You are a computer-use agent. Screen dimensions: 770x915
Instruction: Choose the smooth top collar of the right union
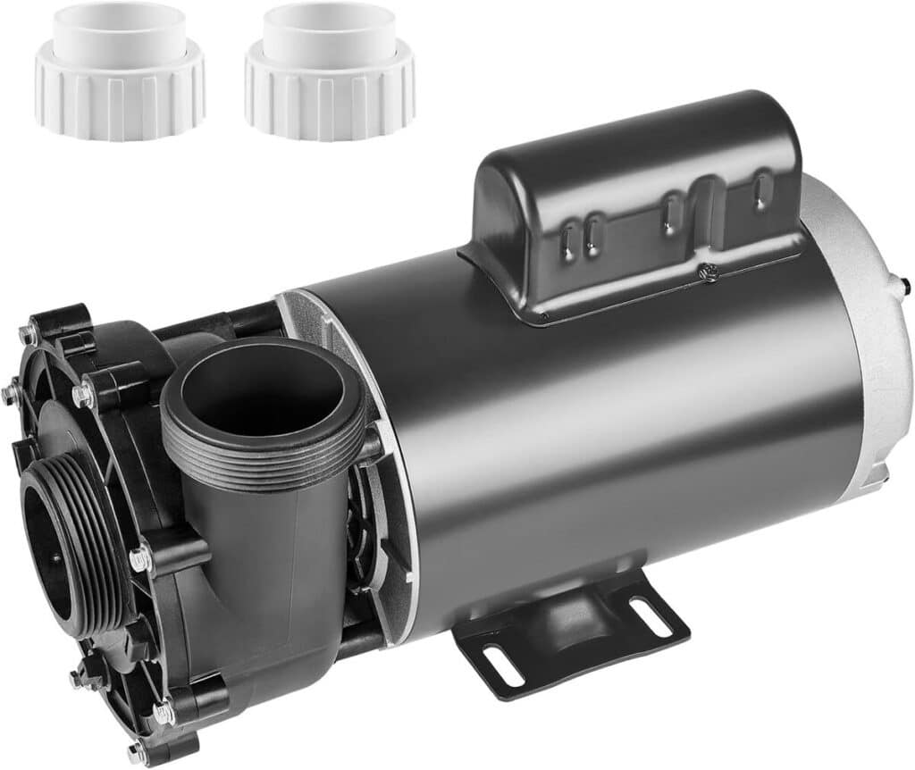[x=330, y=31]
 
